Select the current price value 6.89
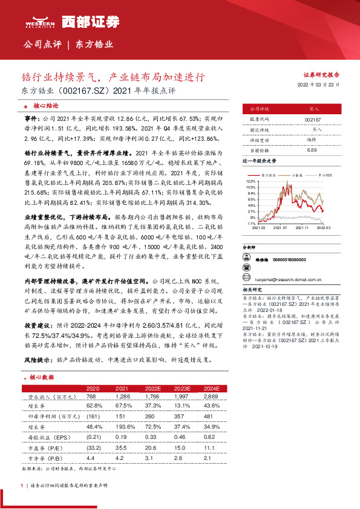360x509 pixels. tap(312, 149)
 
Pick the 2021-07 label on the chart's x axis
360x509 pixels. tap(280, 229)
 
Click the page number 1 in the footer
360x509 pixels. tap(22, 485)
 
